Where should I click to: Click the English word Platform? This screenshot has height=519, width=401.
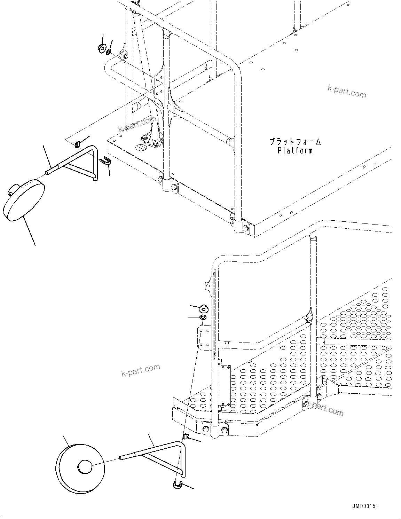point(295,150)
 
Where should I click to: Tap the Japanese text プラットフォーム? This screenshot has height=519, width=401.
point(295,142)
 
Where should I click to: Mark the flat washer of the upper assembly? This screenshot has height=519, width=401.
point(109,52)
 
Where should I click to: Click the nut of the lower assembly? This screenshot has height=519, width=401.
point(203,308)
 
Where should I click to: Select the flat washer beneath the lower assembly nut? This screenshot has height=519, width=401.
point(203,317)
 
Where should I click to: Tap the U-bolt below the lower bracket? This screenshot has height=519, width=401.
point(178,484)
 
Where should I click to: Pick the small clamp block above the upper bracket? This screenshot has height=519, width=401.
point(78,143)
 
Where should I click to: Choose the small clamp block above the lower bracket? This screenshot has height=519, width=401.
point(186,437)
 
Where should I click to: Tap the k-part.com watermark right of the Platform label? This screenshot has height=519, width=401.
point(347,92)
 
